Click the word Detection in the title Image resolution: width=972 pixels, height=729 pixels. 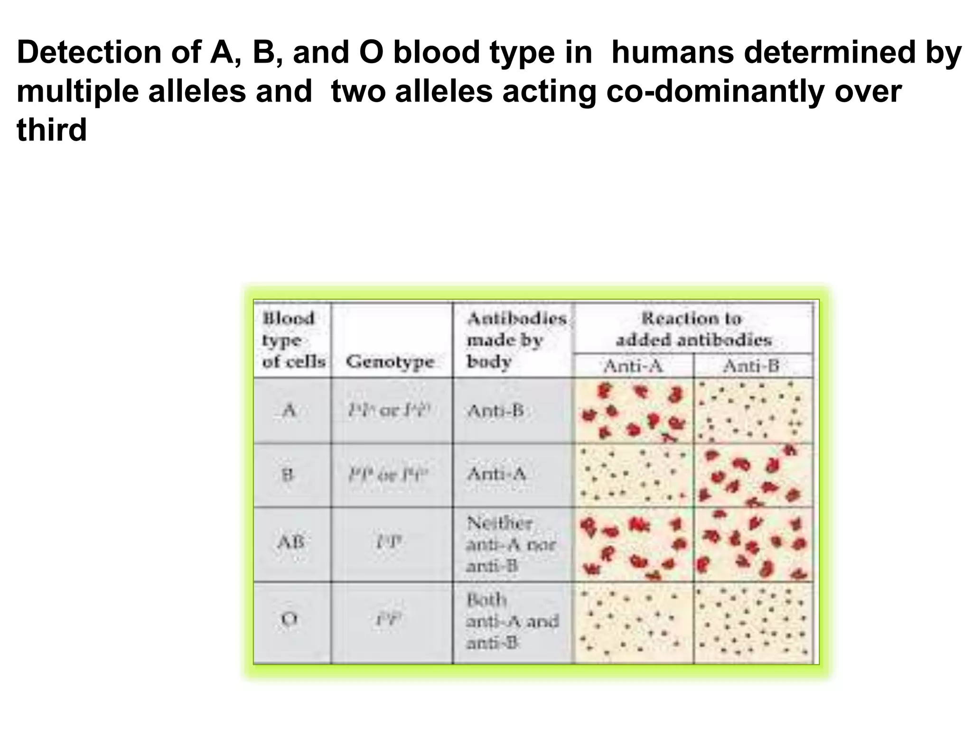(x=89, y=52)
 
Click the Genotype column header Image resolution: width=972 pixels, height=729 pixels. (x=390, y=362)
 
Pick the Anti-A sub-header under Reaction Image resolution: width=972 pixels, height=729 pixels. (x=633, y=366)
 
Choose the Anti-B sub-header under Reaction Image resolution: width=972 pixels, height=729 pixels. (x=751, y=366)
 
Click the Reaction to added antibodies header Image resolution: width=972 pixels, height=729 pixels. (x=693, y=329)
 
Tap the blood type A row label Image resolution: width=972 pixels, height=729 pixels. (x=289, y=410)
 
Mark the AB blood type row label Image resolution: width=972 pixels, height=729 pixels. (x=290, y=542)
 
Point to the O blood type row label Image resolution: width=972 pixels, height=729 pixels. (x=289, y=619)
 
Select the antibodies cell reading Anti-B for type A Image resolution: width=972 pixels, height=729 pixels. (x=495, y=411)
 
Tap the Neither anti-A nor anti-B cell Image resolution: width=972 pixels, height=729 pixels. (x=511, y=544)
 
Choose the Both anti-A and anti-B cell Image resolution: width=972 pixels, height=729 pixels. (x=512, y=622)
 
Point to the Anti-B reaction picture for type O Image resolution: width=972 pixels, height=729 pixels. (x=753, y=622)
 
